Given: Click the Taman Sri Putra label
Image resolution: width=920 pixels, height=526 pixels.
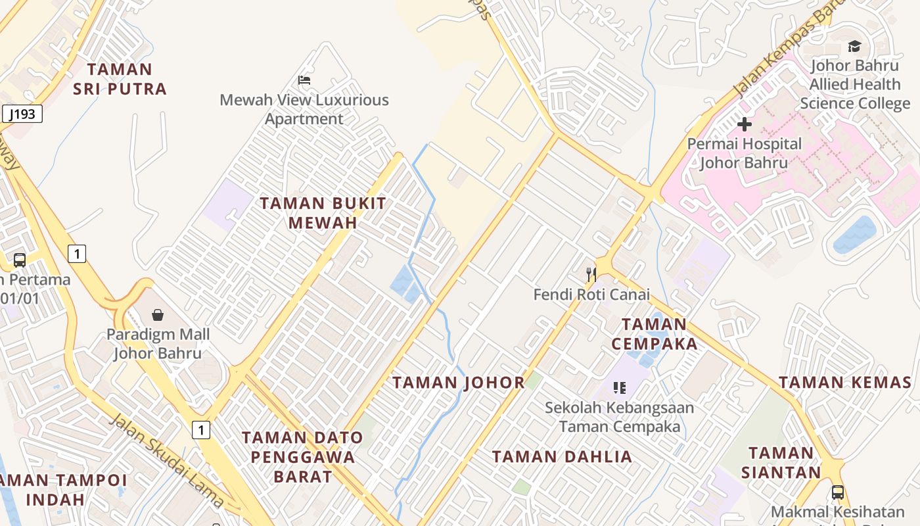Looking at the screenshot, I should [120, 79].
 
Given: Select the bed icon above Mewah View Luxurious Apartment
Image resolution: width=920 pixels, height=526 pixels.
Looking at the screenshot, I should [304, 80].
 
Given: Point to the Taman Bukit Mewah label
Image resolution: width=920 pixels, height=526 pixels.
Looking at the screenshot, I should [323, 213].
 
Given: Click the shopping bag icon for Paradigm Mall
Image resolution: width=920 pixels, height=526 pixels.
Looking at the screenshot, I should [157, 315].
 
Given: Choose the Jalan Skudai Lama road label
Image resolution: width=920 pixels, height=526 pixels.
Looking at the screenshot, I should [166, 461].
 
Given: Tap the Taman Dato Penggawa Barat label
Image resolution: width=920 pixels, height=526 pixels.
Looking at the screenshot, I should [302, 456].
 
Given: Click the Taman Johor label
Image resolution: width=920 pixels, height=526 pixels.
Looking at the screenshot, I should [459, 382].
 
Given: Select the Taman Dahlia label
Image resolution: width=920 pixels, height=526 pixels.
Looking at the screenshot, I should [562, 456].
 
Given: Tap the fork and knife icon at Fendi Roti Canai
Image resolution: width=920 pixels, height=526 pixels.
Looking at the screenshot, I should [591, 274].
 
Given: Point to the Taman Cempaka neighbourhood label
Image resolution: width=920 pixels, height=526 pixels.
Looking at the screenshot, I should [654, 333].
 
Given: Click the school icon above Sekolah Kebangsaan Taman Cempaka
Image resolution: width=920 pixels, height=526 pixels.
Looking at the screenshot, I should [619, 388].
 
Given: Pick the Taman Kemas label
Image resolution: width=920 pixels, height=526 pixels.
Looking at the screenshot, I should [845, 382].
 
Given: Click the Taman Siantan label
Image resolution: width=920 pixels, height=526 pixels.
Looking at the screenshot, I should [781, 462].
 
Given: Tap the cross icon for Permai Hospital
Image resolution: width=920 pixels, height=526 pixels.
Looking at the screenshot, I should [744, 124].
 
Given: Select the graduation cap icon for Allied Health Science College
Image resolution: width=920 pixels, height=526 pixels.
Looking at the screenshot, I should [854, 46].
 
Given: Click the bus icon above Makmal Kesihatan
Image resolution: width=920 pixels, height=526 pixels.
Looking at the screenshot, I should [837, 492].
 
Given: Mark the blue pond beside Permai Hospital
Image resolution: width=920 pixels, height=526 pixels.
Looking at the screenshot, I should [854, 234].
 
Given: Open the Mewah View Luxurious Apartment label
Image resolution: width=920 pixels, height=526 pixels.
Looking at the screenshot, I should [304, 109].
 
